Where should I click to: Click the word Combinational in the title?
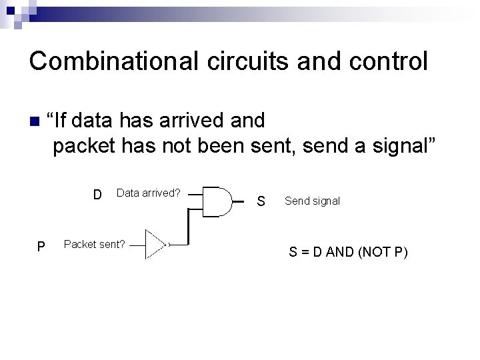[x=110, y=61]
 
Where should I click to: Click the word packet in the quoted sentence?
[x=84, y=145]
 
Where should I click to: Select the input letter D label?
[x=97, y=195]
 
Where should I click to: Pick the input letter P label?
[x=41, y=247]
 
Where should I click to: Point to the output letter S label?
[x=261, y=201]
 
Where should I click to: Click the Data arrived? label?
[x=148, y=193]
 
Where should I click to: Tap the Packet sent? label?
[x=94, y=244]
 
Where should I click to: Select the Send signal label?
[x=312, y=201]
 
